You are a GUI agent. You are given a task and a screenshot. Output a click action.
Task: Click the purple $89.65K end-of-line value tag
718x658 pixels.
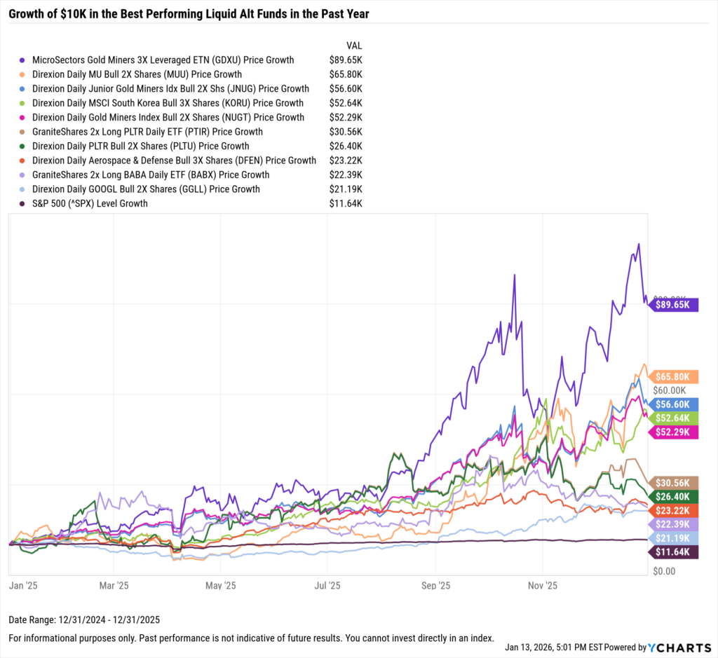pos(676,305)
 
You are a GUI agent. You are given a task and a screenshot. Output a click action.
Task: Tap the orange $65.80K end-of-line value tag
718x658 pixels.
pos(676,376)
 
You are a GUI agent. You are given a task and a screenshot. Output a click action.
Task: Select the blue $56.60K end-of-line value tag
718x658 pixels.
pos(676,404)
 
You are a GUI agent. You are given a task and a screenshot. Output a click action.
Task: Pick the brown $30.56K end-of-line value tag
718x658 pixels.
pos(676,483)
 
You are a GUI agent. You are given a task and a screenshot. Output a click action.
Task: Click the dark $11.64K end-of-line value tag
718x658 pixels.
pos(676,552)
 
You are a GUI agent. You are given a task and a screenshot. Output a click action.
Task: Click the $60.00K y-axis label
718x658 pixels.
pos(670,390)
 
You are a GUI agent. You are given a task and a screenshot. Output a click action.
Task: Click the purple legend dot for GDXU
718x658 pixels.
pos(24,60)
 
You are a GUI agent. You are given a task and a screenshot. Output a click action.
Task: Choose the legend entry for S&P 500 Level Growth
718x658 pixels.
pos(90,204)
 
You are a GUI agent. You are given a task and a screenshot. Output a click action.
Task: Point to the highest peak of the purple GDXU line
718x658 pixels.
pos(638,244)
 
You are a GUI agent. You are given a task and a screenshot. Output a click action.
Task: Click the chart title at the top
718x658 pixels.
pos(189,13)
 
